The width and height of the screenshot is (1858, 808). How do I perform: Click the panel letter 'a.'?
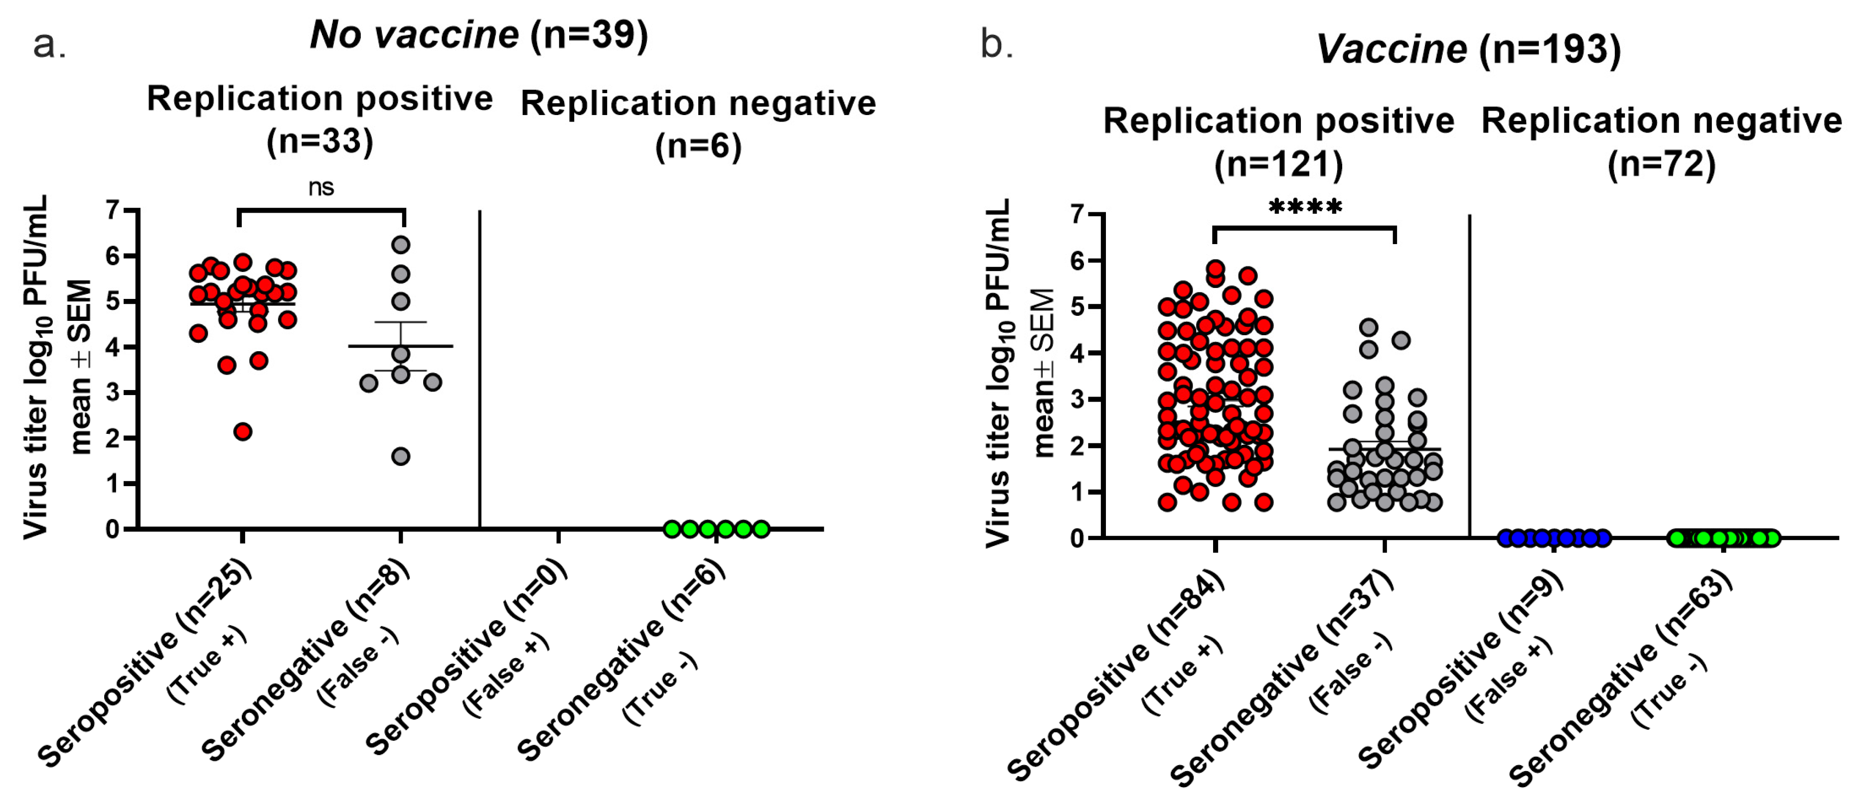[x=49, y=45]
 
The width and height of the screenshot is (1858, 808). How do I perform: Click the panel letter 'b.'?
[x=997, y=45]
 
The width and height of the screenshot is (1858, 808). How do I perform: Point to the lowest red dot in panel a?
[x=243, y=432]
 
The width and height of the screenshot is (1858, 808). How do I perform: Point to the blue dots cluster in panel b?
[x=1553, y=538]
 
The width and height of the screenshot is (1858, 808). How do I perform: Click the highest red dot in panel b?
[x=1216, y=269]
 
